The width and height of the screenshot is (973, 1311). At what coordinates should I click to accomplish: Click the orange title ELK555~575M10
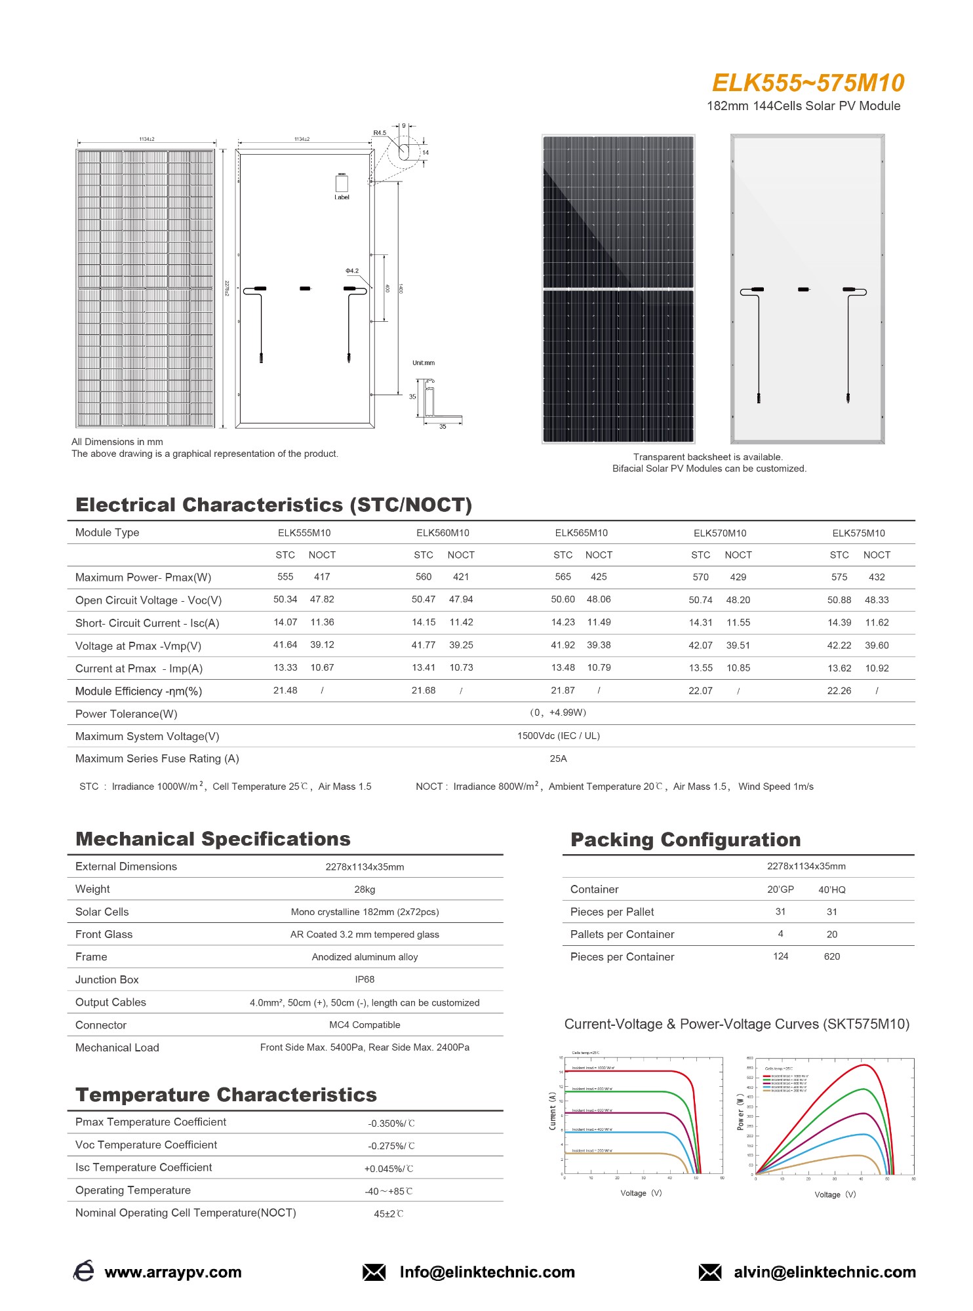pos(808,83)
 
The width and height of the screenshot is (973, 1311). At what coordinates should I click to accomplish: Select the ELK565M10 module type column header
pos(581,533)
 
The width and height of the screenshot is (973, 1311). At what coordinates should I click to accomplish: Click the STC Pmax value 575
pos(839,577)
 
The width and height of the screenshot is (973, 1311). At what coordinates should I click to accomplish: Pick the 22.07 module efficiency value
pos(700,691)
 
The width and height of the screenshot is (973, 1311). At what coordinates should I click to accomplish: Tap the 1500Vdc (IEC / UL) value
pos(558,735)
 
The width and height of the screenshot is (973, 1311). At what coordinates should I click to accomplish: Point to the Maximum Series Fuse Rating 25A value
pos(558,758)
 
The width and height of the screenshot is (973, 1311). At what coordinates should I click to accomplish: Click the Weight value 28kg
pos(365,890)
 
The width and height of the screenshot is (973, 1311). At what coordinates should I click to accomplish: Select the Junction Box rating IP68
pos(365,979)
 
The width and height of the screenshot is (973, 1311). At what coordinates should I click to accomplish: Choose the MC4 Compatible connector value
pos(365,1025)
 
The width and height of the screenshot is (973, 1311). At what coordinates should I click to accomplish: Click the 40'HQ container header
pos(831,890)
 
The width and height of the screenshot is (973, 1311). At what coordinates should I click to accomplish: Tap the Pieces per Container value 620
pos(831,956)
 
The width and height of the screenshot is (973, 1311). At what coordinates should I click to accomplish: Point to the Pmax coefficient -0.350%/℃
pos(391,1124)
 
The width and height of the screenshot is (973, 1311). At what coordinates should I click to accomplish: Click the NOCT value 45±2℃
pos(388,1214)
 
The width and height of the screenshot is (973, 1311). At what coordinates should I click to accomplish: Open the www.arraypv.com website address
pos(173,1272)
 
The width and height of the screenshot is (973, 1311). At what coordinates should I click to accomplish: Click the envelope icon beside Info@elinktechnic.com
pos(374,1272)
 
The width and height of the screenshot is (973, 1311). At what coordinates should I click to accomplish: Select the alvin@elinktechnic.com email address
pos(824,1272)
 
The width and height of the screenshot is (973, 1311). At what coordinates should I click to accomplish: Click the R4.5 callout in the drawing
pos(380,133)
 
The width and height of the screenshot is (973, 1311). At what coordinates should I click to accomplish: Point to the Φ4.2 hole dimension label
pos(352,271)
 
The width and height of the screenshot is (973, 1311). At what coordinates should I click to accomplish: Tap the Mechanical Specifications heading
pos(213,839)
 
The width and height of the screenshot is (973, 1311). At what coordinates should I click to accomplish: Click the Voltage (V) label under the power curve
pos(835,1194)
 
